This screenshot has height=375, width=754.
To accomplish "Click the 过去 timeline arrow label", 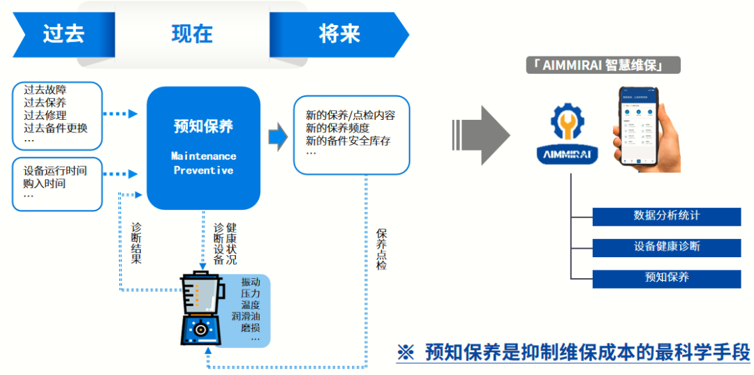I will [x=64, y=34].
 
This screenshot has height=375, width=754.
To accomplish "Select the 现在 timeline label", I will [x=192, y=34].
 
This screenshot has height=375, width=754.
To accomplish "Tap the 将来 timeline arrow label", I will [x=339, y=34].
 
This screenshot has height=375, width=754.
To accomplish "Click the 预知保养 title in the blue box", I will [x=203, y=126].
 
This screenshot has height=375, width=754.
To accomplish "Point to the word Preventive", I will [x=203, y=170].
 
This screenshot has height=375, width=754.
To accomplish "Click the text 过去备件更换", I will [x=56, y=128].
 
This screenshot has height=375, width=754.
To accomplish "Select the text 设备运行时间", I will [x=55, y=171].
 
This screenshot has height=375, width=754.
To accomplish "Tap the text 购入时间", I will [x=45, y=183].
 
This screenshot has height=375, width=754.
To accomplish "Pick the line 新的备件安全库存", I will [x=348, y=141].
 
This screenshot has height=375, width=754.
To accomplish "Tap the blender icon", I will [x=201, y=309].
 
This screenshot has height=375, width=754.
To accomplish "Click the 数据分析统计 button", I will [x=666, y=216].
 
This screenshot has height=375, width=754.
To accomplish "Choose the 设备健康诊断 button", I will [x=666, y=247].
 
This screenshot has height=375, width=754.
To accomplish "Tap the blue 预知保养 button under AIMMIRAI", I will [x=666, y=277].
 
